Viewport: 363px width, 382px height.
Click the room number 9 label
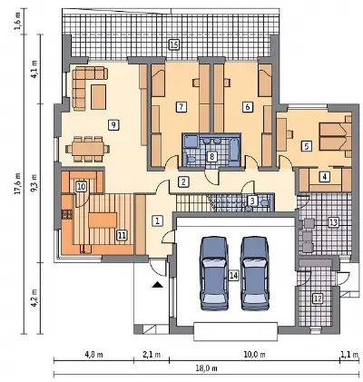point(113,124)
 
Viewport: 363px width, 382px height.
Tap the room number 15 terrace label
point(173,45)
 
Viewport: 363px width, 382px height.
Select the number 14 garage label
point(233,276)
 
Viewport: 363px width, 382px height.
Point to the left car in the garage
point(214,273)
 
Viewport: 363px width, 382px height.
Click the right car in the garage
point(255,273)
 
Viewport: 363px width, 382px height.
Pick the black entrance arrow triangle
point(158,284)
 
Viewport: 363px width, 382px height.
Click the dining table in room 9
point(88,149)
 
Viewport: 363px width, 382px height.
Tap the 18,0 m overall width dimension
point(207,368)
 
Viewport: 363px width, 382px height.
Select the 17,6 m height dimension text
point(17,183)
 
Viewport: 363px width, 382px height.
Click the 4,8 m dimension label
point(93,355)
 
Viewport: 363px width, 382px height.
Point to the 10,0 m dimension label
point(254,355)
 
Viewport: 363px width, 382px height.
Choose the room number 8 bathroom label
point(211,156)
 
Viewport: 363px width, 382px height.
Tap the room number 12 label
point(318,299)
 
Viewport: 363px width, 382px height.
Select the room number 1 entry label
point(157,220)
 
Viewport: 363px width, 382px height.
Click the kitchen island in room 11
point(103,220)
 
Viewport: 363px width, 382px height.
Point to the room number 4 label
point(325,176)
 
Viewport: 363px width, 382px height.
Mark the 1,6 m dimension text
point(17,22)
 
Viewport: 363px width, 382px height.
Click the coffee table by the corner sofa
point(99,97)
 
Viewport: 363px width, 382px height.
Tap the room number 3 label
point(252,200)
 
